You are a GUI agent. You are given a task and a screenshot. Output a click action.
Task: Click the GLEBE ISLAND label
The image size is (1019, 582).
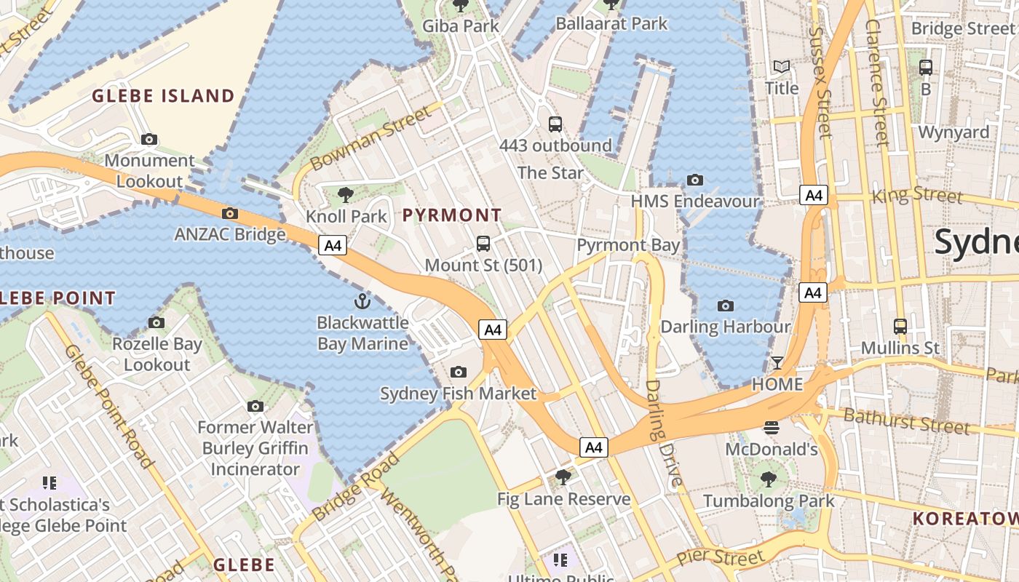click(x=163, y=96)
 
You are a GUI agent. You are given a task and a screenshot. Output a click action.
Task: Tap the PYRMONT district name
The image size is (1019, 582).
click(x=452, y=215)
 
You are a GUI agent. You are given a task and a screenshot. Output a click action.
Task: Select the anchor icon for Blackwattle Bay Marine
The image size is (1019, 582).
click(x=362, y=300)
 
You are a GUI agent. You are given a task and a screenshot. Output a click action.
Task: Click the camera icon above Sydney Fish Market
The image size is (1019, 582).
click(x=458, y=372)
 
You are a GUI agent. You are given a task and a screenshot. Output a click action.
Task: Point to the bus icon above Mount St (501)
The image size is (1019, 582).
click(x=483, y=244)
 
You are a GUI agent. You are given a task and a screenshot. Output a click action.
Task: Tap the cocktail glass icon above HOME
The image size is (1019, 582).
click(x=777, y=363)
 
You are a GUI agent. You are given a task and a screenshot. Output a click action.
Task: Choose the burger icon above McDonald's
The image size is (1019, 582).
click(x=772, y=428)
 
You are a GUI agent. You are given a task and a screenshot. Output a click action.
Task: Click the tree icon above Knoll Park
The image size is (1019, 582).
click(x=346, y=194)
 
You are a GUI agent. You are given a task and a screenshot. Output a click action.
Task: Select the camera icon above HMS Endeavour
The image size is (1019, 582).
click(x=695, y=180)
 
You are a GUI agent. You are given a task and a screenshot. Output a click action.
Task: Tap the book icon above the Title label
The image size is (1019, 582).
click(x=782, y=67)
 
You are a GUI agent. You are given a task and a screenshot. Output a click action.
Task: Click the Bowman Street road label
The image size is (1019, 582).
click(x=370, y=138)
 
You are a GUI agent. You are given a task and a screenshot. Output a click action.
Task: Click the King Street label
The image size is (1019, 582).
click(x=916, y=195)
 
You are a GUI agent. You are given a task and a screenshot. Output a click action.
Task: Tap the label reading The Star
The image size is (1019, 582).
click(x=550, y=173)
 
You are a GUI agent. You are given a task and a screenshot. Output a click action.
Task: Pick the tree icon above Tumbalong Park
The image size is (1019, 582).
click(x=769, y=479)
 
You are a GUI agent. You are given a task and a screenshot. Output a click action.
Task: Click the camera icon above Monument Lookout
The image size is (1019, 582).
click(x=149, y=139)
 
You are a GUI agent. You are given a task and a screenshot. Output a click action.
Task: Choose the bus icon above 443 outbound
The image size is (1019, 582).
click(x=555, y=124)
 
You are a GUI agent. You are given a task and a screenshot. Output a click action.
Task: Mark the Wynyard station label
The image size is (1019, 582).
click(x=953, y=132)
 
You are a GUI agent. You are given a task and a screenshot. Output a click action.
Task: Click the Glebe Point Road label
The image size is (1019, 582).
click(x=108, y=405)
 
